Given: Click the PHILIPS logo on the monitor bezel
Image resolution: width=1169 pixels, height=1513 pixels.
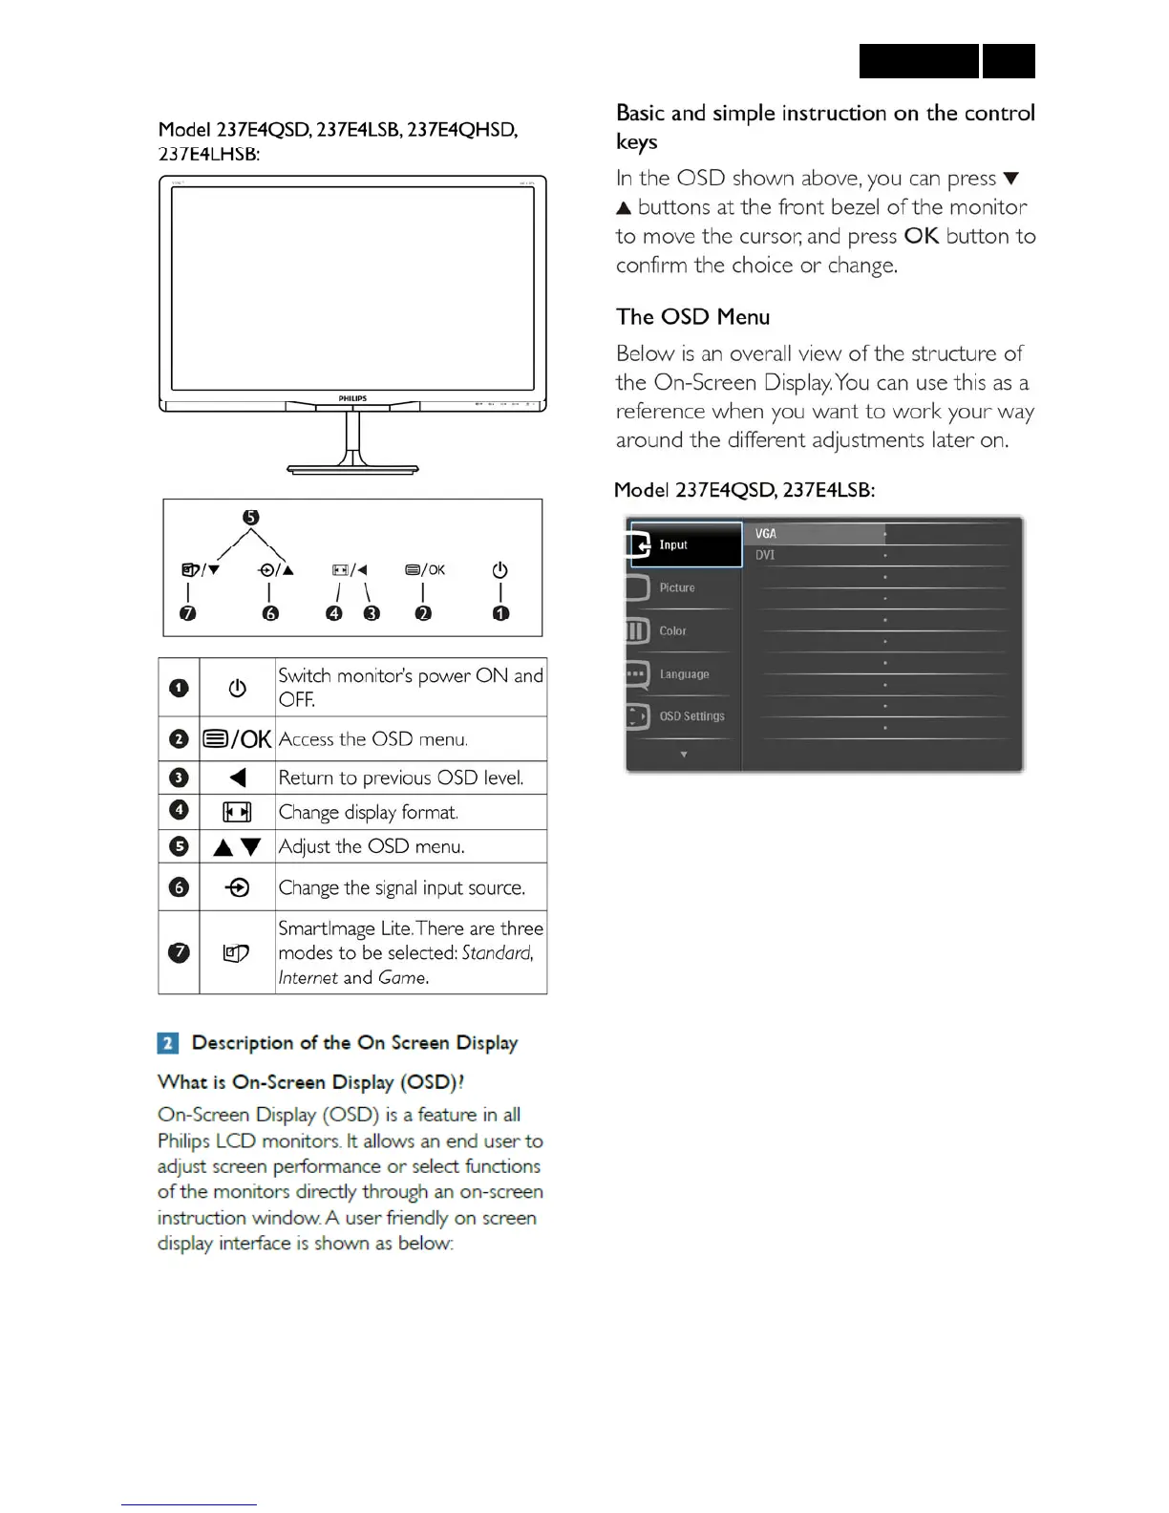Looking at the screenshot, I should point(352,398).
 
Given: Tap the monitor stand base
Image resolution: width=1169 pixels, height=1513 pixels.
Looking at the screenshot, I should point(352,469).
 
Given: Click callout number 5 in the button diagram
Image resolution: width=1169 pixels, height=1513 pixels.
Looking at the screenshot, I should point(250,517).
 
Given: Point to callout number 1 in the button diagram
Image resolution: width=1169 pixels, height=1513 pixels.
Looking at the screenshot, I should point(500,613).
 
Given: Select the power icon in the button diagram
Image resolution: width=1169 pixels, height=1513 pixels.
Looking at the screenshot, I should point(499,570).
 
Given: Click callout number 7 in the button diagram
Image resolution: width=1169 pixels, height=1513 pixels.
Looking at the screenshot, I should point(188,613).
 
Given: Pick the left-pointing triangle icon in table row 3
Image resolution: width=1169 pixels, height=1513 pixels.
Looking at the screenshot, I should point(238,778).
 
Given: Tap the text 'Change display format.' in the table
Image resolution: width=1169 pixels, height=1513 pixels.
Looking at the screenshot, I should point(368,813).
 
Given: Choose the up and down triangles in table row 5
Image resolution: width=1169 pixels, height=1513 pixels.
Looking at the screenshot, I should point(237,847).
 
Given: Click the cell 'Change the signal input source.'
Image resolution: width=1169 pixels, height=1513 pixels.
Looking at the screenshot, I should point(401,887).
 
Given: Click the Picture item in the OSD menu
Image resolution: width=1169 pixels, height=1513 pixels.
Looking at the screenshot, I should point(677,587).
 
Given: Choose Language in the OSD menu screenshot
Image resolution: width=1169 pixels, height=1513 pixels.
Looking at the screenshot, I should point(684,673).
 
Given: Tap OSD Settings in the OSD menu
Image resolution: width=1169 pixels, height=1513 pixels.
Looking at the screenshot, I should point(691,716).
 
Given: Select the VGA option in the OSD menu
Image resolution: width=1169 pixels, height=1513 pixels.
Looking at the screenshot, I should point(766,534).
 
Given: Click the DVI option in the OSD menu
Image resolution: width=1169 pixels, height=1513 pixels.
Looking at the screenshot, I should point(765,555).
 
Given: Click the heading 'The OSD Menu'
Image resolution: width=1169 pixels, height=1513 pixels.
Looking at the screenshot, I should point(692,317).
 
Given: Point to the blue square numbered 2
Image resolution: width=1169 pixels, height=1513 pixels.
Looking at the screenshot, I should point(167,1043).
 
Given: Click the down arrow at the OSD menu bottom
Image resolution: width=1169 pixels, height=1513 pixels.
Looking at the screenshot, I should point(684,755).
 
